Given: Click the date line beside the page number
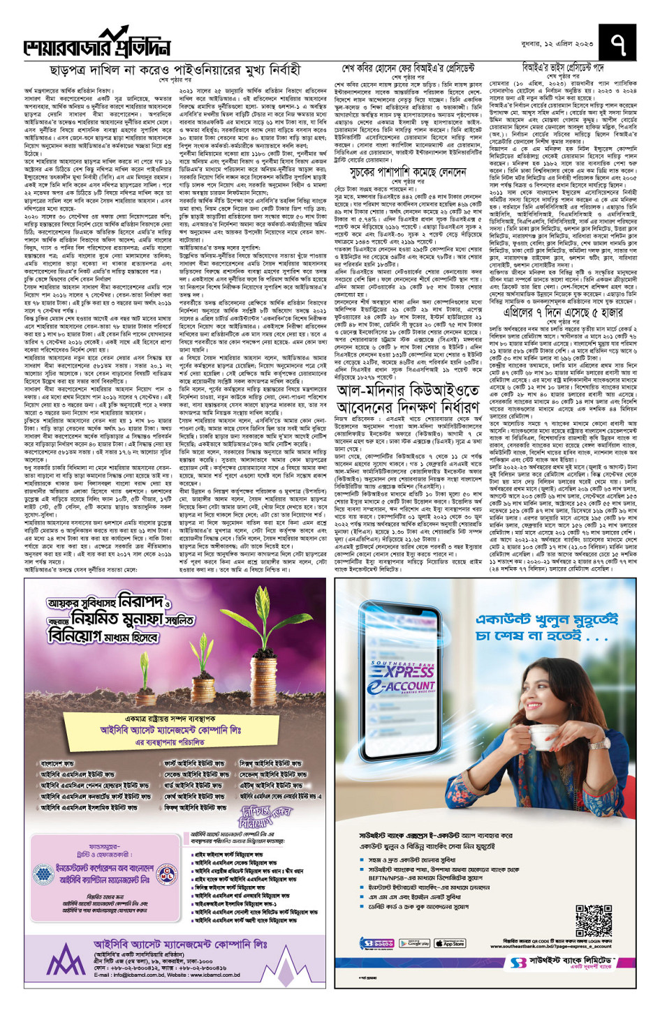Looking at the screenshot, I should [562, 43].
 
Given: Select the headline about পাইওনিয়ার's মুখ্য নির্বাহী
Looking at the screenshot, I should [175, 70].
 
